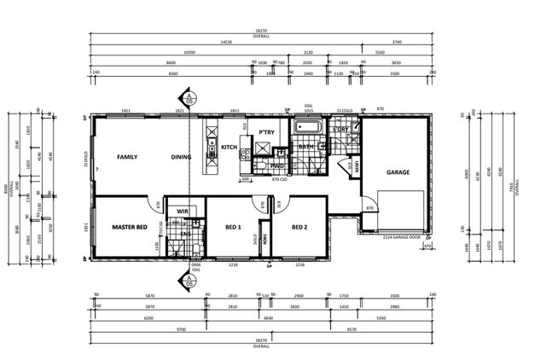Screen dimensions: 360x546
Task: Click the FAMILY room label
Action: [128, 157]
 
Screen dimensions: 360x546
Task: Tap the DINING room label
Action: [180, 157]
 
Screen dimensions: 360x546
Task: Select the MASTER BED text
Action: [131, 228]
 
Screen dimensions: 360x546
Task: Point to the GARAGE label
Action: [398, 172]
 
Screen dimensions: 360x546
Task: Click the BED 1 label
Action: [233, 228]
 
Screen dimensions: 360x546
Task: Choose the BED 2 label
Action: [299, 228]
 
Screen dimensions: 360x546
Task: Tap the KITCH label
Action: [229, 147]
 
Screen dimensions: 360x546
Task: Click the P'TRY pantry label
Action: [265, 134]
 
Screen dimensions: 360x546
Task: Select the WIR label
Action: [182, 211]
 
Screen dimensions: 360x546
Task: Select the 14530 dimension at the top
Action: [225, 42]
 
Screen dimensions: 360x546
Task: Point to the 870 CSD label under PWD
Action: [277, 180]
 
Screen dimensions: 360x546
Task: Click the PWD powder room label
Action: [276, 165]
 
